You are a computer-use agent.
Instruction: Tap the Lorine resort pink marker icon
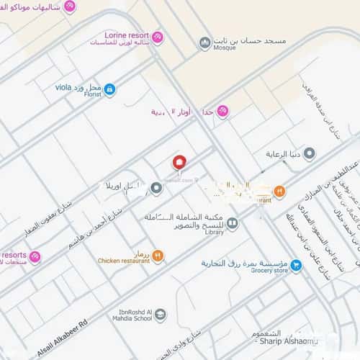click(x=157, y=37)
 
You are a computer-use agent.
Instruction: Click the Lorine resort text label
click(x=127, y=34)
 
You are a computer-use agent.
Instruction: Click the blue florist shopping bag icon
click(x=109, y=89)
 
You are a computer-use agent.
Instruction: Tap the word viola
click(x=64, y=87)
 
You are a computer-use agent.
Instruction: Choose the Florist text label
click(x=91, y=94)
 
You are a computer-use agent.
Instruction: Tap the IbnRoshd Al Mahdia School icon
click(x=160, y=314)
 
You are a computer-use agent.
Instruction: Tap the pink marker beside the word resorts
click(x=35, y=257)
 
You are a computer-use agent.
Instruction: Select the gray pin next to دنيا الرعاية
click(x=310, y=153)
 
